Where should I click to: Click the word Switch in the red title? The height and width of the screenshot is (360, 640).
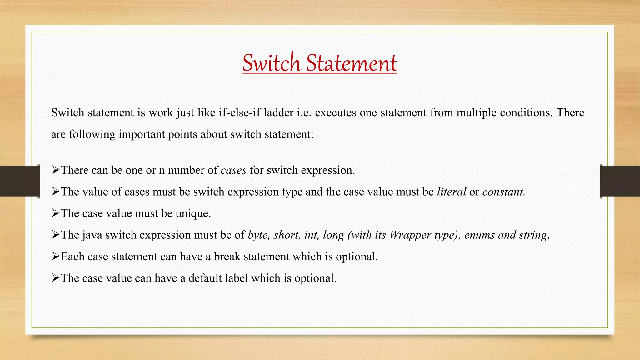click(x=271, y=63)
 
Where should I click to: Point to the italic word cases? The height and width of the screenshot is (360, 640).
click(x=233, y=170)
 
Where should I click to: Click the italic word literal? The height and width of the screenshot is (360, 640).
click(x=452, y=192)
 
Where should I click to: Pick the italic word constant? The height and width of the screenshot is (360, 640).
click(x=503, y=192)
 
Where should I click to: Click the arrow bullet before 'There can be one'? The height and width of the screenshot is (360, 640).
click(x=56, y=170)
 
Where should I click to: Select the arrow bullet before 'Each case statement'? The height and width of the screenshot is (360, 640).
click(x=56, y=257)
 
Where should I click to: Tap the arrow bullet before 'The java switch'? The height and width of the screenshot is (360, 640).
click(x=56, y=235)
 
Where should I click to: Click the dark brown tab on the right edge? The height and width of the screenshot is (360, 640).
click(x=620, y=181)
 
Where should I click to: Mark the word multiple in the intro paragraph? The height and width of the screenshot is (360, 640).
click(x=477, y=112)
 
